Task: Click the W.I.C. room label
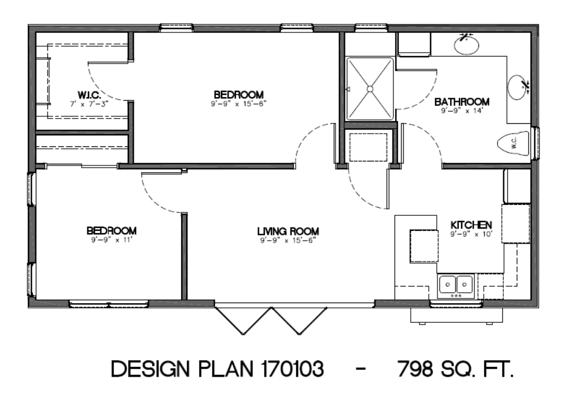pos(89,95)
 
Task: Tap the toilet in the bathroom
pos(513,143)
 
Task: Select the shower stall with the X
pos(370,89)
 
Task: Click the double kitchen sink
pos(456,285)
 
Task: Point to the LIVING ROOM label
pos(288,231)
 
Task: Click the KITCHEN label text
pos(471,225)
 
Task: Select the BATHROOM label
pos(462,102)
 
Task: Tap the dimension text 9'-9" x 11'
pos(111,240)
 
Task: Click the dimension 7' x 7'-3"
pos(89,104)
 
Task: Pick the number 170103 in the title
pos(292,369)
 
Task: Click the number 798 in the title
pos(415,369)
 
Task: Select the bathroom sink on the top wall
pos(466,45)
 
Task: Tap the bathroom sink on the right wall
pos(518,87)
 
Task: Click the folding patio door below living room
pos(271,321)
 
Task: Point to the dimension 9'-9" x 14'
pos(462,111)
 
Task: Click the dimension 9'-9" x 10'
pos(471,234)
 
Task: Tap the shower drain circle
pos(370,89)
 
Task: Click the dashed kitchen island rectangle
pos(424,246)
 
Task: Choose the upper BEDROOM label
pos(238,95)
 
